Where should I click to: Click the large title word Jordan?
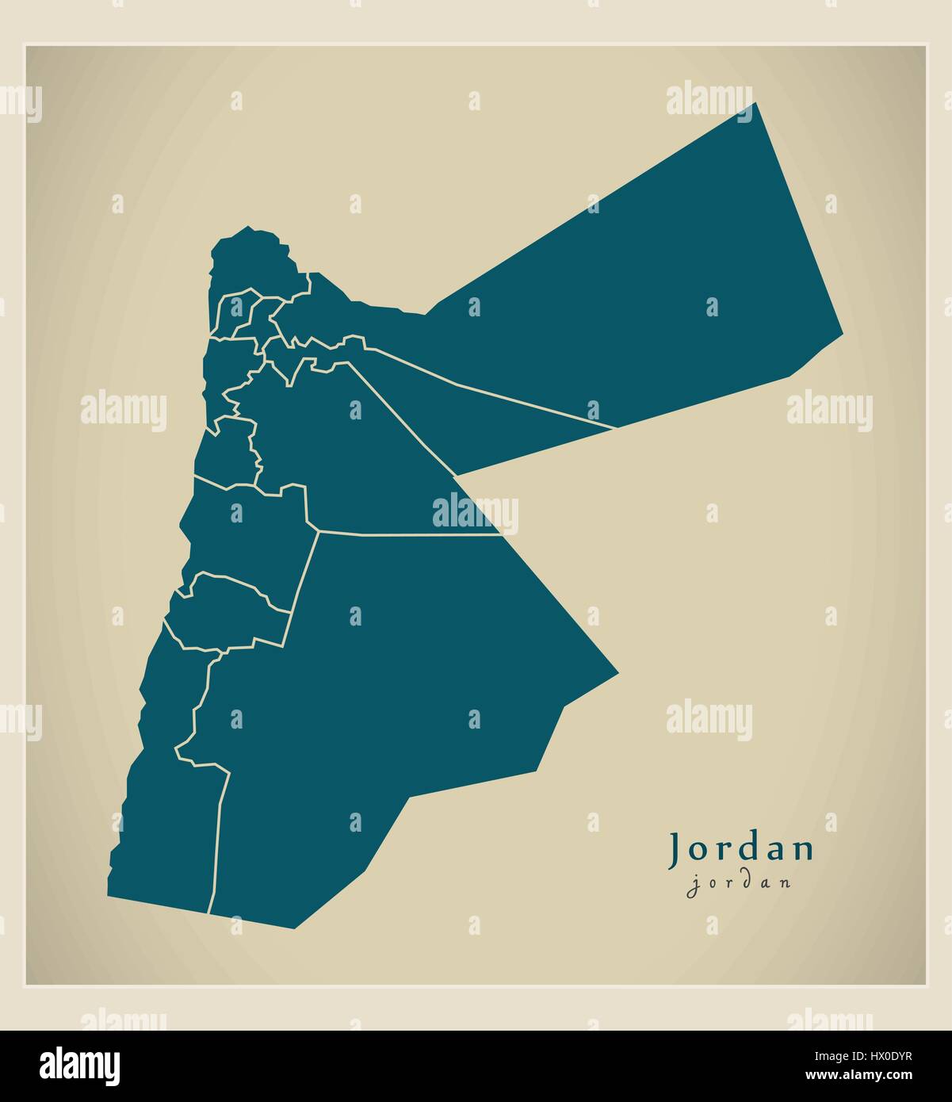click(x=742, y=849)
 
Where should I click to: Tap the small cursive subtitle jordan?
click(x=739, y=883)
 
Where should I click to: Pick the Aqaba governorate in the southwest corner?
click(x=166, y=832)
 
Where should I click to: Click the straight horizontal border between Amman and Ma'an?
click(x=412, y=534)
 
